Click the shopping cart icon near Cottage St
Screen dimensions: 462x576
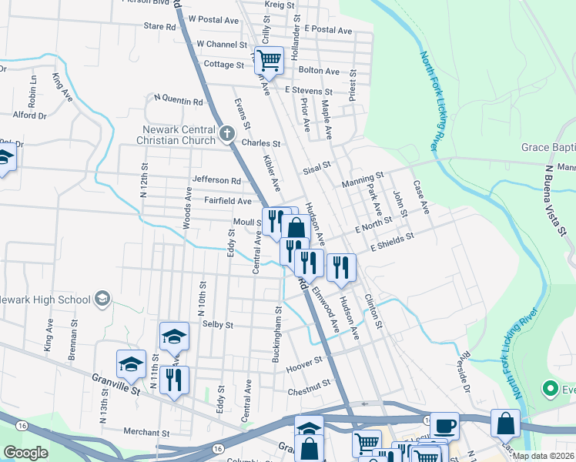(270, 60)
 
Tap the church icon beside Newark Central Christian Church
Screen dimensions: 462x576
(226, 134)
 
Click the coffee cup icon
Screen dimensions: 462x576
(444, 425)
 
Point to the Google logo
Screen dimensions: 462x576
(25, 453)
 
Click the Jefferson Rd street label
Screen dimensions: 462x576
(216, 181)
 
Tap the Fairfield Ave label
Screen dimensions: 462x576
(228, 201)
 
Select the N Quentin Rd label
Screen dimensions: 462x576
(179, 99)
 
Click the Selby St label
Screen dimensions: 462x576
(217, 325)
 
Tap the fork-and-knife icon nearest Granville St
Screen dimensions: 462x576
(175, 380)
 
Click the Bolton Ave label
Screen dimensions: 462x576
(319, 71)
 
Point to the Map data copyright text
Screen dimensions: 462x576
(543, 456)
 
